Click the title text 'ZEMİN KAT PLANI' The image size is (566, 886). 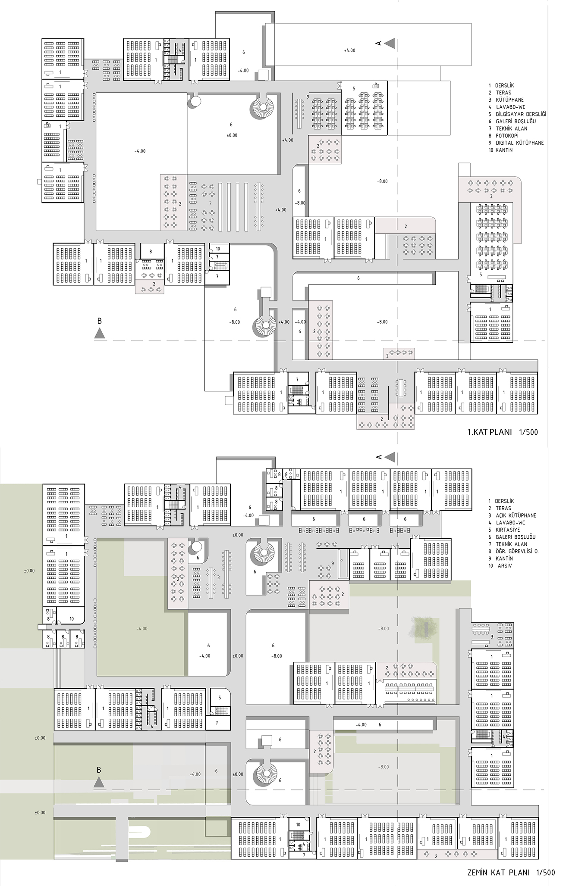tap(498, 873)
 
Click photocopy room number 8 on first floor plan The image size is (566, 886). tap(151, 251)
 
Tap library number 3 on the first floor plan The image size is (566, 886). tap(210, 203)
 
